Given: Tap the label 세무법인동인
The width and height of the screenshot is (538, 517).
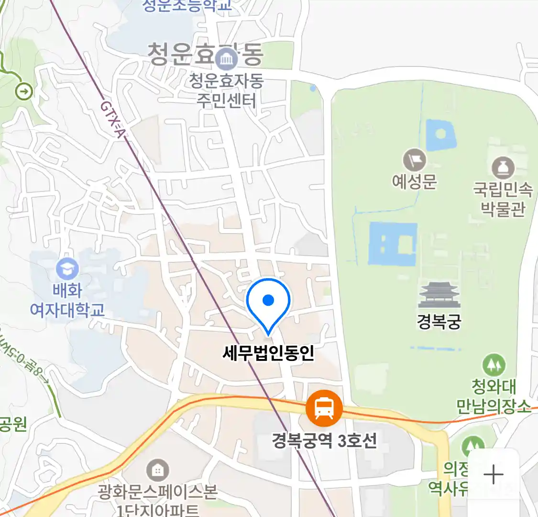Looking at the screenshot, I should (268, 353).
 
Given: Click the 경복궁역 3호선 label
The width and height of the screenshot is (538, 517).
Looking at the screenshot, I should (324, 440).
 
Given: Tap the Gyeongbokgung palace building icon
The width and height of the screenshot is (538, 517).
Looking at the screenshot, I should (439, 295).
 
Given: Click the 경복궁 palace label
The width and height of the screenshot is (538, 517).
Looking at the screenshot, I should (439, 321).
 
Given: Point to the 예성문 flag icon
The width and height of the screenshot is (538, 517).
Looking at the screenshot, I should (414, 160).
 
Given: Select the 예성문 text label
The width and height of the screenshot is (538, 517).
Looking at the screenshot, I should (414, 181).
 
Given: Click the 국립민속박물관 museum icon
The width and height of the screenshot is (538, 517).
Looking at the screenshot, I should (503, 168).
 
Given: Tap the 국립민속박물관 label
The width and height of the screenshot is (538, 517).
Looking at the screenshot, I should (503, 199).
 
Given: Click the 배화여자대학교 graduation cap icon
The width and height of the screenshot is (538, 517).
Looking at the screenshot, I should (67, 269).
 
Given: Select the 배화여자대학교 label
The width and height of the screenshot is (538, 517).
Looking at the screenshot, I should (67, 300).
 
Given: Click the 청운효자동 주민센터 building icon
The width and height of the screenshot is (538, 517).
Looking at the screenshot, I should (226, 59).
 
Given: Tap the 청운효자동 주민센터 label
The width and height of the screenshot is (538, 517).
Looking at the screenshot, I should (227, 90).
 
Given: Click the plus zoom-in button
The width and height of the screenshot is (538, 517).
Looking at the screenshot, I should (493, 475).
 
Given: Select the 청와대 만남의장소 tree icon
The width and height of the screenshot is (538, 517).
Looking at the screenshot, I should (494, 365).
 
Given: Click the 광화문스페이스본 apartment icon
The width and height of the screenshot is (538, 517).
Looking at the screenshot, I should (157, 470).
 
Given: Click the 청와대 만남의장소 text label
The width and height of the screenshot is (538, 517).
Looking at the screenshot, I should (494, 396).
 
